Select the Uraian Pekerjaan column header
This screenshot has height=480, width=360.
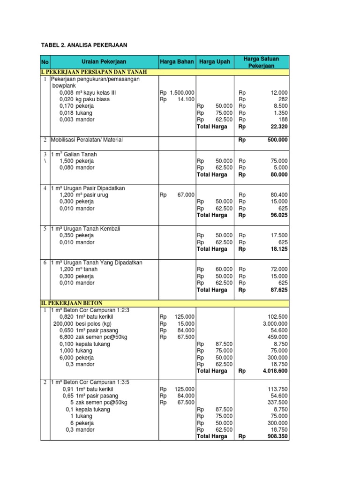(x=104, y=62)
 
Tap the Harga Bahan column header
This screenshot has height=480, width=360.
(x=177, y=62)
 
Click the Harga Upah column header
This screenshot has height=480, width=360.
(x=214, y=62)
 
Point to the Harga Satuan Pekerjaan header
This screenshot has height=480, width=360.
(x=261, y=62)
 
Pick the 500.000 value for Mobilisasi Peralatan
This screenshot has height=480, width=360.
(x=277, y=140)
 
